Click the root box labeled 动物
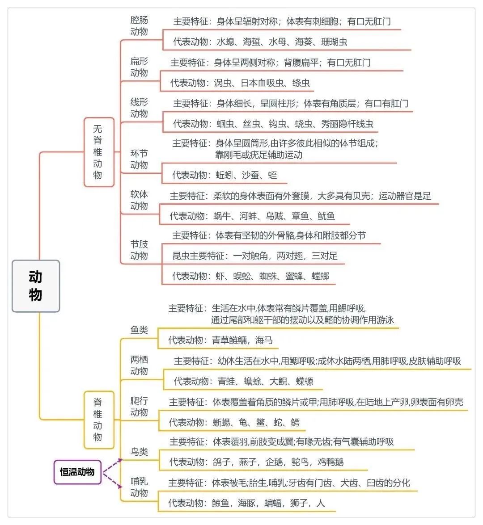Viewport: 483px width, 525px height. [x=35, y=286]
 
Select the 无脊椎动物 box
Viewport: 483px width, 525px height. [x=98, y=152]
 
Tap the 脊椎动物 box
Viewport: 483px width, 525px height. [x=98, y=420]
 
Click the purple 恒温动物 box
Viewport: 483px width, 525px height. [x=77, y=472]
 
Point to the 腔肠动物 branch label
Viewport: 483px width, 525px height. [x=139, y=26]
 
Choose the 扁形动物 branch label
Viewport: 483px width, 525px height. [x=139, y=67]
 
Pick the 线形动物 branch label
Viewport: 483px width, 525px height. [x=139, y=108]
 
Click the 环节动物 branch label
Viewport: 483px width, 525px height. [x=139, y=159]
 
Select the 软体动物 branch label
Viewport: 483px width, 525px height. [x=139, y=200]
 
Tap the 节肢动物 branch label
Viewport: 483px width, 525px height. [x=139, y=250]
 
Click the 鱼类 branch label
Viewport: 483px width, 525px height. [x=139, y=330]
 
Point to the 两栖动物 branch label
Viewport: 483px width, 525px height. [x=139, y=365]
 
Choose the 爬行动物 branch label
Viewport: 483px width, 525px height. [x=139, y=407]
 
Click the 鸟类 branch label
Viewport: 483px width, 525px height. [x=139, y=452]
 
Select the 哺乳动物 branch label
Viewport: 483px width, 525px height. [x=139, y=487]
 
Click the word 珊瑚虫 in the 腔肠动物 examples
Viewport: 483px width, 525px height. [x=334, y=42]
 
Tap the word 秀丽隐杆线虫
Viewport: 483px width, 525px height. [x=347, y=124]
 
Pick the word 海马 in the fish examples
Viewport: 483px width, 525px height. [x=264, y=340]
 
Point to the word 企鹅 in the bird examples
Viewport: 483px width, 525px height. [x=274, y=462]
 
